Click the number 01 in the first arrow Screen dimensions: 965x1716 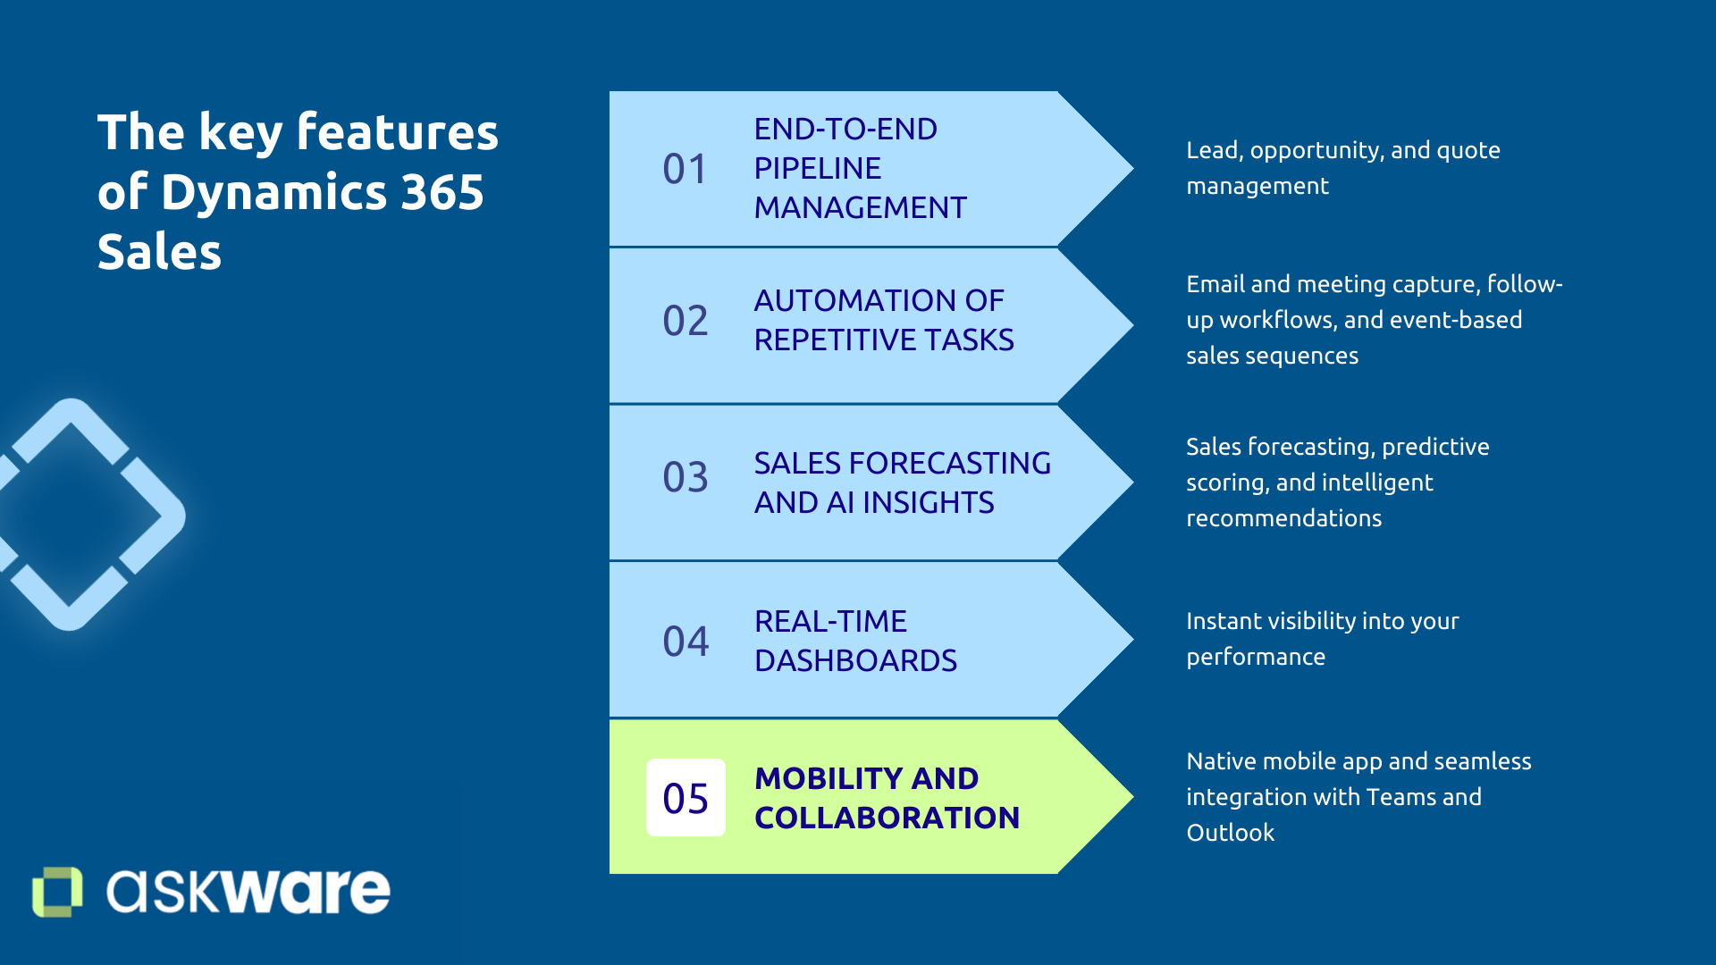coord(685,169)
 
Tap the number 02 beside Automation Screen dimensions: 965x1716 coord(685,321)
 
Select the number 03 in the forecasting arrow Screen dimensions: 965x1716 coord(685,477)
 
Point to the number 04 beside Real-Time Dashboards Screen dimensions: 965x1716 coord(685,642)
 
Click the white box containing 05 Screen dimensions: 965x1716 coord(686,798)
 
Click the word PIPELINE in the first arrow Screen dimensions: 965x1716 coord(817,168)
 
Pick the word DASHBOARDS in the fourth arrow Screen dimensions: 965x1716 coord(855,660)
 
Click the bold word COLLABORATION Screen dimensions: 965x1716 coord(887,818)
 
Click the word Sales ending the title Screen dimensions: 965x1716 coord(159,252)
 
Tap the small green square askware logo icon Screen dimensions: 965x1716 coord(57,891)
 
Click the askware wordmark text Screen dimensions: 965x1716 coord(248,891)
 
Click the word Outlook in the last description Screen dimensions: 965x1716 coord(1230,833)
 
